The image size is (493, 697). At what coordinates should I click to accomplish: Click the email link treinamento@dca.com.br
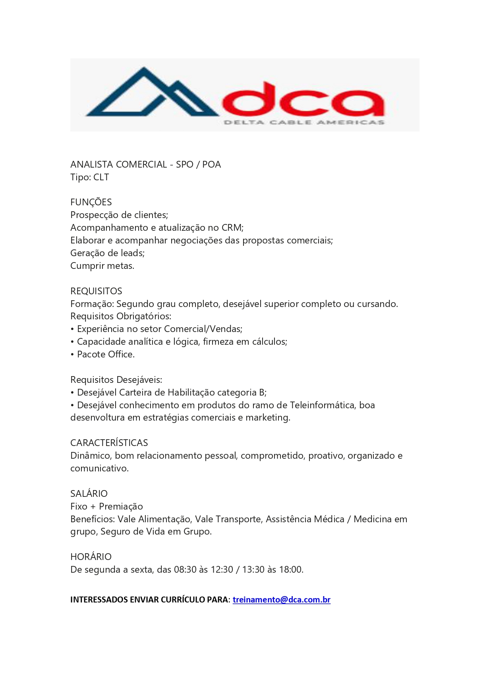pyautogui.click(x=281, y=600)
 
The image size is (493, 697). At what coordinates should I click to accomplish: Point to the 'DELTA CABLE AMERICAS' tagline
pyautogui.click(x=304, y=122)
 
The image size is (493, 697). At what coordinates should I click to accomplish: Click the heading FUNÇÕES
pyautogui.click(x=91, y=202)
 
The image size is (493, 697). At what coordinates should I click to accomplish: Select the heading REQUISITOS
pyautogui.click(x=96, y=291)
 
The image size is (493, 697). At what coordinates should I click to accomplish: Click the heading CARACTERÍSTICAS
pyautogui.click(x=109, y=443)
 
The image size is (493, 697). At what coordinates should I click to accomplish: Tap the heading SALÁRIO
pyautogui.click(x=89, y=494)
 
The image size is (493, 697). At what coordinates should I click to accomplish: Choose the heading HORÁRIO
pyautogui.click(x=91, y=557)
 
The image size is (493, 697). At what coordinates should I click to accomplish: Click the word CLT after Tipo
pyautogui.click(x=101, y=177)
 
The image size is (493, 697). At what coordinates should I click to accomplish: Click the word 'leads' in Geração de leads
pyautogui.click(x=132, y=253)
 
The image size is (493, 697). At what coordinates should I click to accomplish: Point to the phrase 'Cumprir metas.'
pyautogui.click(x=102, y=266)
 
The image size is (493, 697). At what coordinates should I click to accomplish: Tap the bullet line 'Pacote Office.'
pyautogui.click(x=105, y=354)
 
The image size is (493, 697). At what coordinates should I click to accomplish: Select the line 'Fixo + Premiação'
pyautogui.click(x=106, y=506)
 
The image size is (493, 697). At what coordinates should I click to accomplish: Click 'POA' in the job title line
pyautogui.click(x=211, y=164)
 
